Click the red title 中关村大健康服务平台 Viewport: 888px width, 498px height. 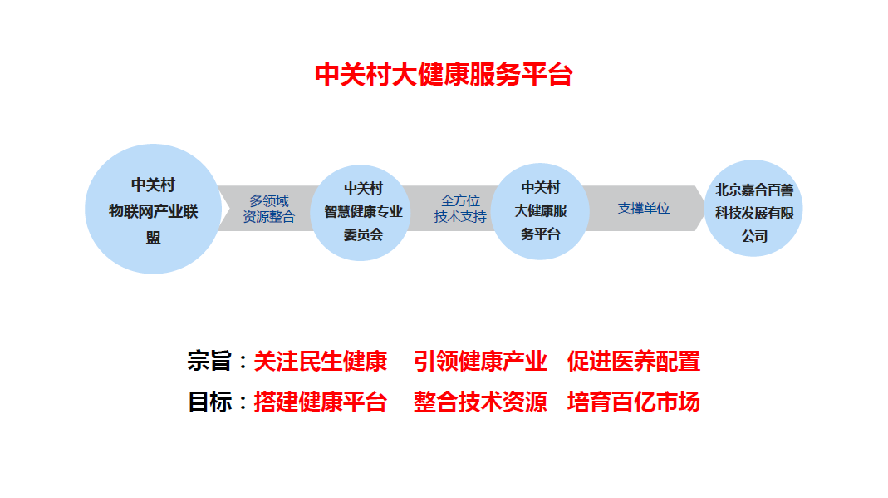(444, 76)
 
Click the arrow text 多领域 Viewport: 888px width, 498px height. (268, 200)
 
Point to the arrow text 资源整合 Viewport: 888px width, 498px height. (268, 217)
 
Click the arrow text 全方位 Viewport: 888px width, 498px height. (460, 200)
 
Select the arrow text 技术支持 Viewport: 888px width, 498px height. (460, 217)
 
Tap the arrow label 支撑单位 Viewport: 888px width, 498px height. (644, 209)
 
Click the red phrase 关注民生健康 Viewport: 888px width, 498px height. (320, 362)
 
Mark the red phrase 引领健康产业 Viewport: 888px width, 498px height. (480, 362)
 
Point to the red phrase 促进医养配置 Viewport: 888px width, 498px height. (634, 362)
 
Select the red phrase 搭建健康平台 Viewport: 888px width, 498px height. (320, 402)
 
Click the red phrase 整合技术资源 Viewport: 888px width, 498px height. (480, 402)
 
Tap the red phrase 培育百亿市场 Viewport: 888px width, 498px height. (634, 402)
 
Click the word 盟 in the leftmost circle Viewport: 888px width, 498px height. (154, 238)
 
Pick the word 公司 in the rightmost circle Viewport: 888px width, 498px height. (754, 236)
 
